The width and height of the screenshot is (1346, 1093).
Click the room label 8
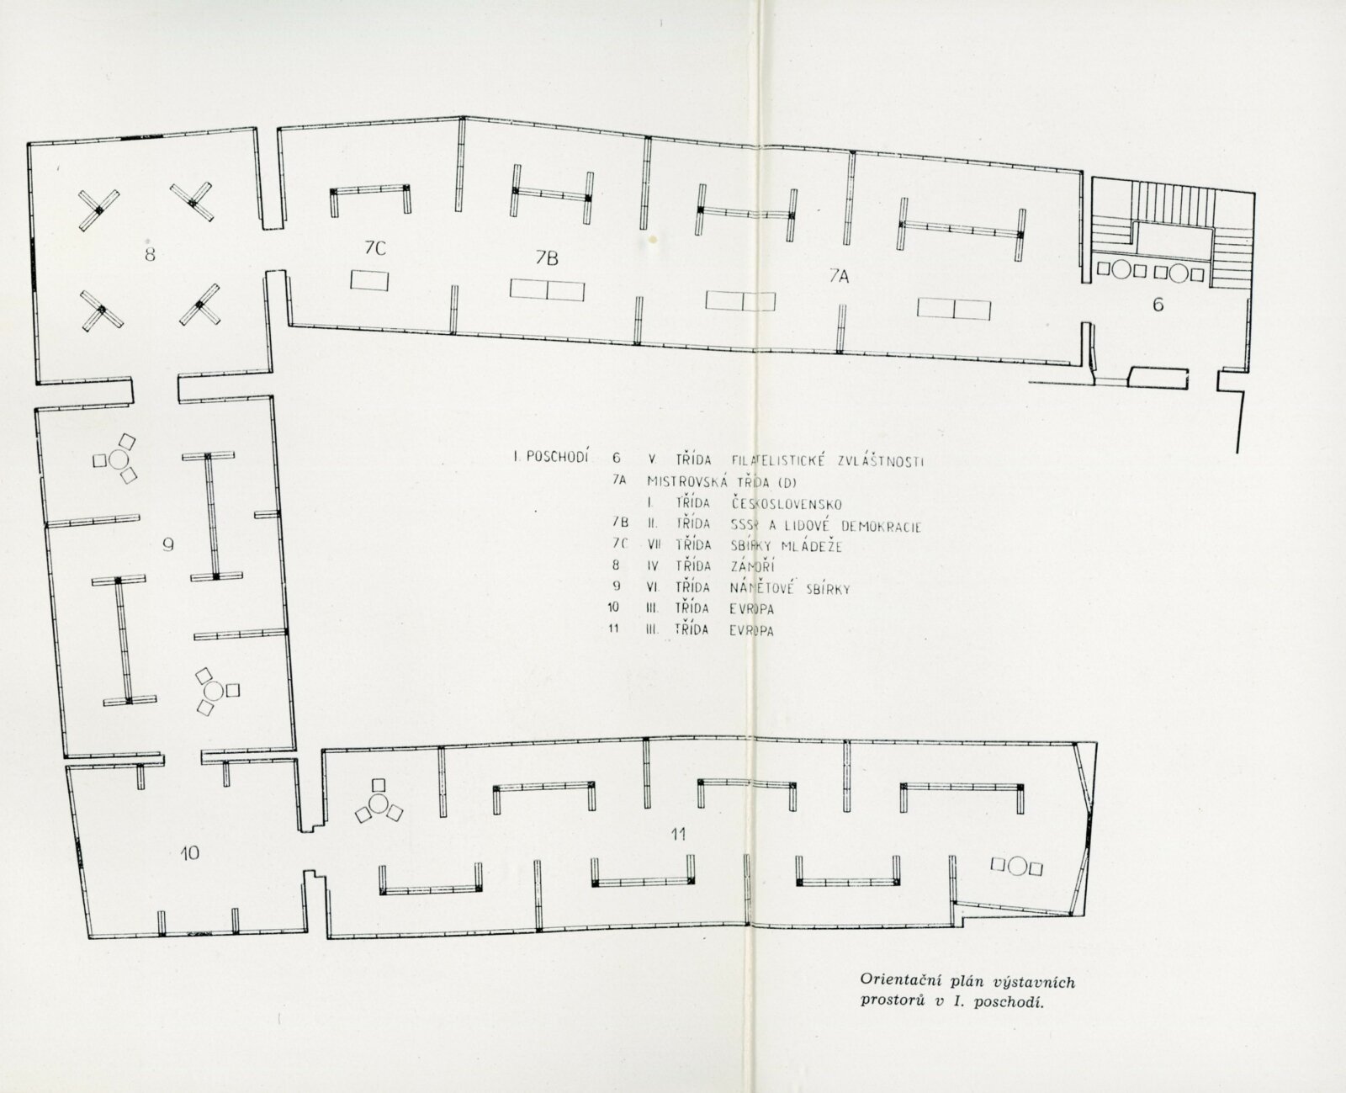pyautogui.click(x=150, y=253)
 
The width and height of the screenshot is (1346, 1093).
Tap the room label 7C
pyautogui.click(x=374, y=247)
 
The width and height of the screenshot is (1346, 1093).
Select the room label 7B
pyautogui.click(x=546, y=259)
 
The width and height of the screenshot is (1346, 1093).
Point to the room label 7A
pyautogui.click(x=840, y=274)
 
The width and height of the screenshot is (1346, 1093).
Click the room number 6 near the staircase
pyautogui.click(x=1158, y=305)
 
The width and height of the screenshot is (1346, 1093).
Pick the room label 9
pyautogui.click(x=168, y=544)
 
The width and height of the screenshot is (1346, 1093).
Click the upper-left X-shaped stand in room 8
pyautogui.click(x=99, y=210)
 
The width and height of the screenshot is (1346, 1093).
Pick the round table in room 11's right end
pyautogui.click(x=1017, y=866)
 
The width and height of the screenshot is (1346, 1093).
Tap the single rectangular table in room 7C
pyautogui.click(x=369, y=280)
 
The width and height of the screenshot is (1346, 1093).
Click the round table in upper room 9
pyautogui.click(x=119, y=459)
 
